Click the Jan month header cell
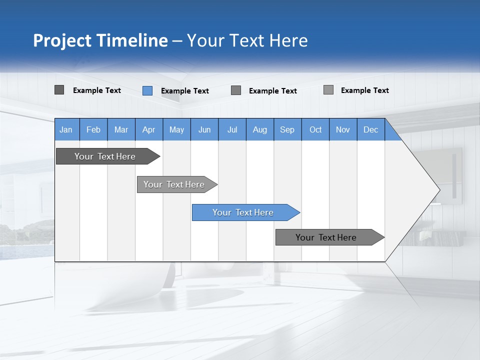66,129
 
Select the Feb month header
93,129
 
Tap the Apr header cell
149,129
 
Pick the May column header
176,129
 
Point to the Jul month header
232,129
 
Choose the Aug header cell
260,129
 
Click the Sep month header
287,129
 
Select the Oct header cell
315,129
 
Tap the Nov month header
343,129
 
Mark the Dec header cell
371,129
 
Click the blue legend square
147,90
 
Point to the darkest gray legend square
59,90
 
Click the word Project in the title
61,40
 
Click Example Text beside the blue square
185,91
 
